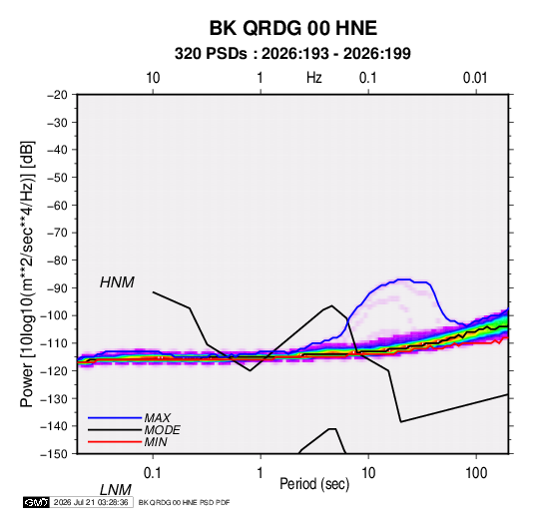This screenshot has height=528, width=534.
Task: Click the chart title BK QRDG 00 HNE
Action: (x=292, y=28)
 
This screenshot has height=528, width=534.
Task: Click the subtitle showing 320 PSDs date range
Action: (x=292, y=54)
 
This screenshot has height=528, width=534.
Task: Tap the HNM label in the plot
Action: (x=117, y=282)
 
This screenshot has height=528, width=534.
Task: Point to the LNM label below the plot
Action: (x=116, y=490)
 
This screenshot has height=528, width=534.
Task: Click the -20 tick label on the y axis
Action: (x=57, y=95)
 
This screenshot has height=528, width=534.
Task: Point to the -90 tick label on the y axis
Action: (x=57, y=287)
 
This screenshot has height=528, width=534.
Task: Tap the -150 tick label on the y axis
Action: (x=54, y=454)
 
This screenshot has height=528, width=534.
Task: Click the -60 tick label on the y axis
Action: (x=57, y=205)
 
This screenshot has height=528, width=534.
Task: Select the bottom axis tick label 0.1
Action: (x=153, y=473)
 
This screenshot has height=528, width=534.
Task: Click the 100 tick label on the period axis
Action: (x=476, y=473)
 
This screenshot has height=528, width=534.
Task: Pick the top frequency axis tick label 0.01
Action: (x=475, y=78)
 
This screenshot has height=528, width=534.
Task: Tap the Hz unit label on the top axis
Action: (x=314, y=78)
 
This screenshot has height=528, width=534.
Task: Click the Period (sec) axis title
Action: (x=314, y=484)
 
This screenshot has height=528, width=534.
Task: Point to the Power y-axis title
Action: (x=27, y=274)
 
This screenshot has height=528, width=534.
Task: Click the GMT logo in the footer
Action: (x=37, y=502)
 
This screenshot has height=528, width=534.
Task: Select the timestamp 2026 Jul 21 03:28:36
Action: (x=91, y=502)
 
